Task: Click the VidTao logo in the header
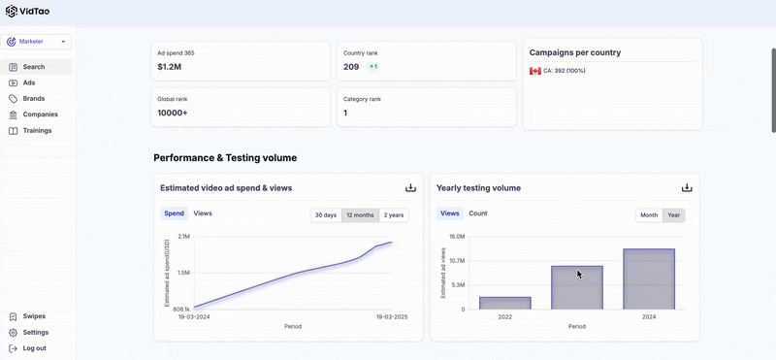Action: [28, 11]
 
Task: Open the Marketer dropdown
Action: [36, 42]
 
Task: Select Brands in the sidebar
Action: [34, 99]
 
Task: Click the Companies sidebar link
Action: [40, 115]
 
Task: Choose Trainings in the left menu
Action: [37, 131]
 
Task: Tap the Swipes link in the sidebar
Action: [34, 316]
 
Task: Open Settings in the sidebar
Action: [35, 332]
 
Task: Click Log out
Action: [34, 348]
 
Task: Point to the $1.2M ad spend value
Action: [169, 66]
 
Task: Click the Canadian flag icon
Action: [535, 71]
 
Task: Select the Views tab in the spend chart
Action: [203, 213]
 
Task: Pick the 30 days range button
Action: [326, 215]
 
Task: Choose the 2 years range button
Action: [394, 215]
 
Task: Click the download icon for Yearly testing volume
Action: [687, 187]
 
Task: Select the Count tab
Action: [478, 213]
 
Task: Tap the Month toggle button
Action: [649, 215]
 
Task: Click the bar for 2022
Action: [504, 303]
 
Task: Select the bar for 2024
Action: [649, 279]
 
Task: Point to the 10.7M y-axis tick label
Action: [457, 260]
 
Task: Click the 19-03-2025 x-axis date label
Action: [391, 317]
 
